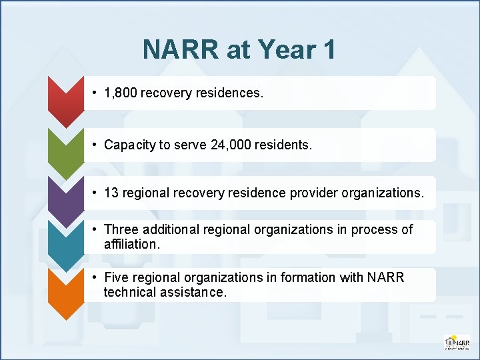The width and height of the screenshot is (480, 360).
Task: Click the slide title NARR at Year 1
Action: (239, 49)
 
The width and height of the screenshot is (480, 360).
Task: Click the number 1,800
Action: (121, 93)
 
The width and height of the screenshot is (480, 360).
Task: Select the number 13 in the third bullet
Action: (111, 193)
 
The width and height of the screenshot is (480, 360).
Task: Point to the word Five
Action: (117, 277)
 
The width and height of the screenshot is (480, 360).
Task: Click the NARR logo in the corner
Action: (457, 342)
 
